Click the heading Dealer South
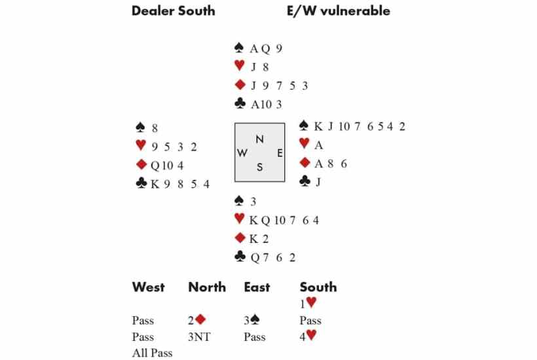click(174, 11)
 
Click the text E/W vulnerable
click(339, 11)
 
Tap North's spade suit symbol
click(239, 48)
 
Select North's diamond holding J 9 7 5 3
click(279, 86)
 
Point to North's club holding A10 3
click(266, 104)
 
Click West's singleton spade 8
click(155, 128)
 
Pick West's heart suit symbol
click(141, 145)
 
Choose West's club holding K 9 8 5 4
click(180, 185)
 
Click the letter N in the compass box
click(259, 139)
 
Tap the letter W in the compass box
click(242, 153)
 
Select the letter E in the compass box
click(280, 153)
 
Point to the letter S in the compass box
click(259, 168)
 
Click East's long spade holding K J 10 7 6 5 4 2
click(360, 126)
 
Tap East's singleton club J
click(318, 182)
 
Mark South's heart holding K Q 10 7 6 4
click(284, 221)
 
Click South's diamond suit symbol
click(240, 238)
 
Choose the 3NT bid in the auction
click(199, 337)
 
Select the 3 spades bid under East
click(251, 320)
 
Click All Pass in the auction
click(152, 353)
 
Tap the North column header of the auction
click(207, 287)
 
